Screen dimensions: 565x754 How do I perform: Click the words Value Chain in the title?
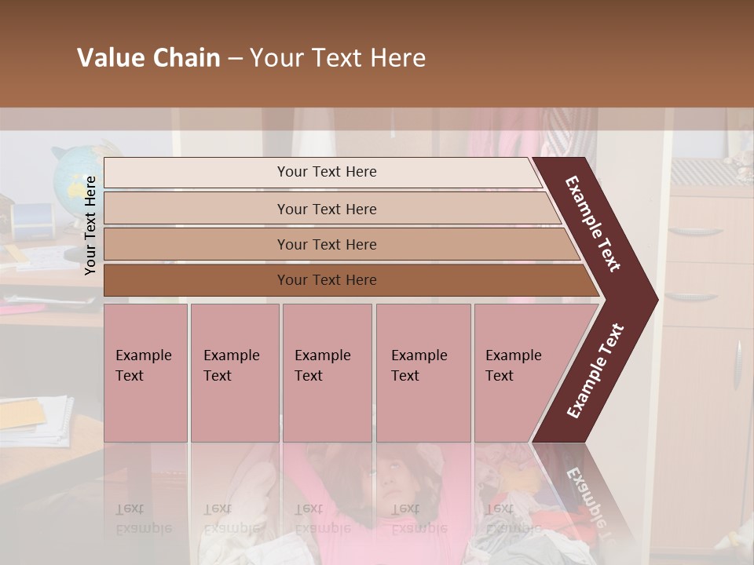pos(148,58)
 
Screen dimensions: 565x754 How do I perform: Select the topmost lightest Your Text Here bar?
pos(326,172)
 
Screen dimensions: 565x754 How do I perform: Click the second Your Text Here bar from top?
pos(326,209)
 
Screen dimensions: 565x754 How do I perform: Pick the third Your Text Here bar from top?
pos(326,244)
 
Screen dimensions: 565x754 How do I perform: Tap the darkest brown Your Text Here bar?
pos(326,280)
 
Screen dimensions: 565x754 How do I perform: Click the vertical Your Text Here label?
pos(90,225)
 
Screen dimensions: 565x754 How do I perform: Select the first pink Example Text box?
pos(145,373)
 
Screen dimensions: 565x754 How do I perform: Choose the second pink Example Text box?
pos(234,373)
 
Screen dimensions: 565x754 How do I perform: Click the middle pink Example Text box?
pos(327,373)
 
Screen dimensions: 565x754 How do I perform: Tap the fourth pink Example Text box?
pos(423,373)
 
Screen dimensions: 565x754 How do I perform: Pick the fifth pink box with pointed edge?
pos(518,373)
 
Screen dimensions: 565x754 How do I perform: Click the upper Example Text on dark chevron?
pos(593,224)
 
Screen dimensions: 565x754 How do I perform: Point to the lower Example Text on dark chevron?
pos(595,371)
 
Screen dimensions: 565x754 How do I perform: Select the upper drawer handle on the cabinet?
pos(695,231)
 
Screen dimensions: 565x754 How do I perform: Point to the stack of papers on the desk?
pos(35,420)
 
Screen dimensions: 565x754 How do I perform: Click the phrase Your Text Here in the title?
pos(338,58)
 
